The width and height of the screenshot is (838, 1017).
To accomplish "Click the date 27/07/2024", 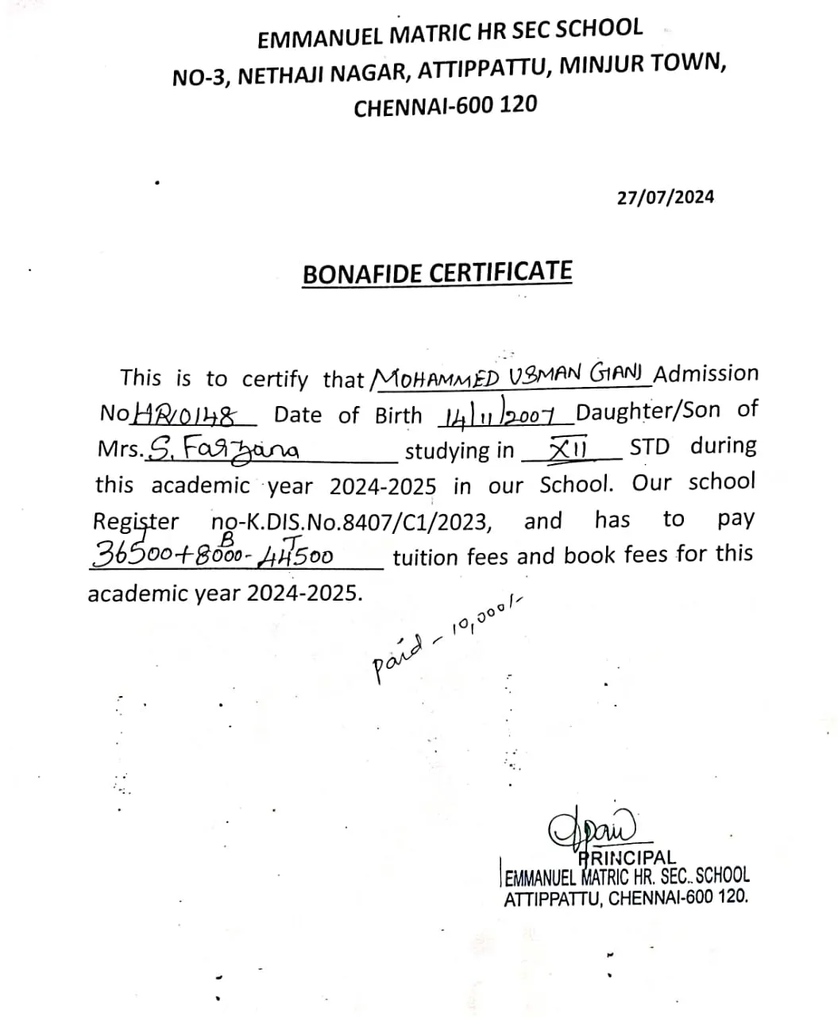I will tap(665, 197).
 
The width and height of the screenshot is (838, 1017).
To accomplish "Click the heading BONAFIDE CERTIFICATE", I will tap(437, 273).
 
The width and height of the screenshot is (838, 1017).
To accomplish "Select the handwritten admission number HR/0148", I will tap(186, 414).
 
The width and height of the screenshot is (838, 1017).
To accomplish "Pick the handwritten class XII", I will tap(568, 449).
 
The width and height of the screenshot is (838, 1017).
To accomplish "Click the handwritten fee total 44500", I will tap(296, 554).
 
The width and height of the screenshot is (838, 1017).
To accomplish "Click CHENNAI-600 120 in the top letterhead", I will tap(445, 106).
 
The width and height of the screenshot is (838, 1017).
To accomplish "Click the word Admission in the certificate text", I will tap(705, 373).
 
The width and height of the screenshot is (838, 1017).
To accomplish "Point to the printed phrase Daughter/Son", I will tap(648, 411).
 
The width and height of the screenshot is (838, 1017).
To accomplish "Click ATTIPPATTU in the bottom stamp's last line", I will tap(552, 899).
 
